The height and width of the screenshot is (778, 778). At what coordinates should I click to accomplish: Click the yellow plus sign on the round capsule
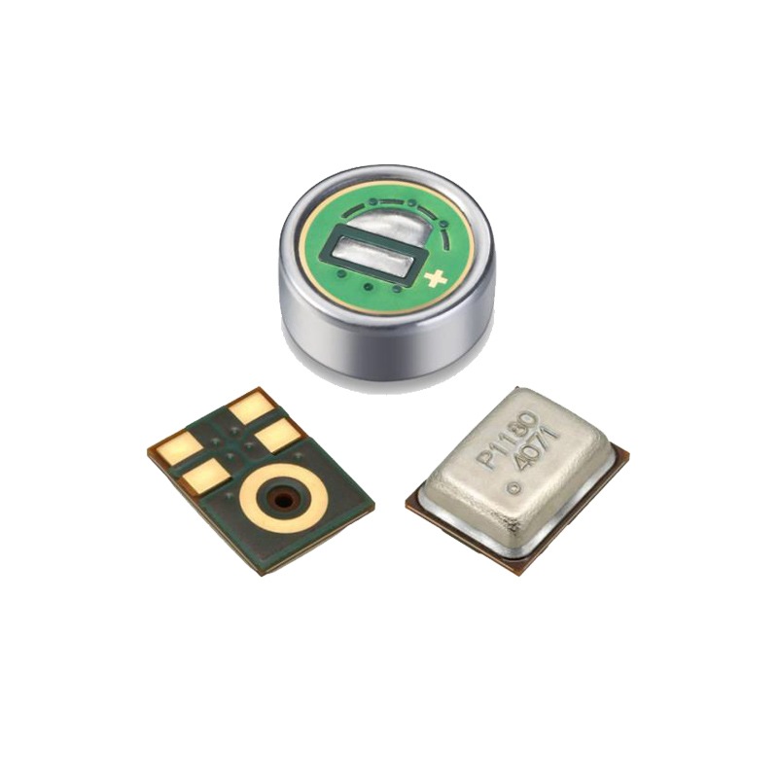click(x=436, y=279)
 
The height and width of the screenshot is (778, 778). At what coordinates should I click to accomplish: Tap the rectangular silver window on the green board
click(x=372, y=253)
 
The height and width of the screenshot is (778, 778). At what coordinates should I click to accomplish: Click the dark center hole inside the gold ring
click(x=283, y=499)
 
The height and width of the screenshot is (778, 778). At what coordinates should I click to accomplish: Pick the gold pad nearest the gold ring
click(x=206, y=476)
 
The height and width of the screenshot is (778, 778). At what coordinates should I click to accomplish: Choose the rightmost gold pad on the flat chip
click(x=278, y=435)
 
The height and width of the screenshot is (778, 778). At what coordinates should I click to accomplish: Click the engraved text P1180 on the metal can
click(x=507, y=439)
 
